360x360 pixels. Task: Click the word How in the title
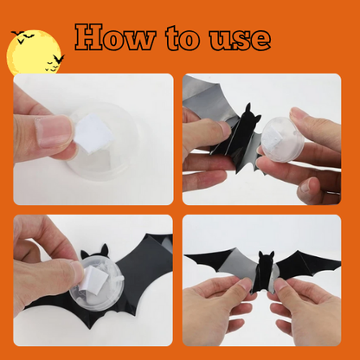pyautogui.click(x=115, y=37)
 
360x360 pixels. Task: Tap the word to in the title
pyautogui.click(x=183, y=38)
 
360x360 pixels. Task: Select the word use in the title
pyautogui.click(x=240, y=40)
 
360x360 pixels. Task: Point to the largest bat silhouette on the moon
pyautogui.click(x=59, y=59)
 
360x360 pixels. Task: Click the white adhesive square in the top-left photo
pyautogui.click(x=93, y=133)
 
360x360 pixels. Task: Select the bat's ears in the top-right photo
pyautogui.click(x=252, y=112)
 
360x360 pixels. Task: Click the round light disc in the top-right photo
pyautogui.click(x=282, y=139)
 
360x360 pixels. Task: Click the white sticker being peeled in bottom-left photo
pyautogui.click(x=93, y=279)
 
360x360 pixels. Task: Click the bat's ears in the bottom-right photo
pyautogui.click(x=267, y=255)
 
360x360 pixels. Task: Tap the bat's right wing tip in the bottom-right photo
pyautogui.click(x=340, y=262)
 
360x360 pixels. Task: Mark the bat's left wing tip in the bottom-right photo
pyautogui.click(x=185, y=255)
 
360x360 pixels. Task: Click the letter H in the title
pyautogui.click(x=89, y=37)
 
